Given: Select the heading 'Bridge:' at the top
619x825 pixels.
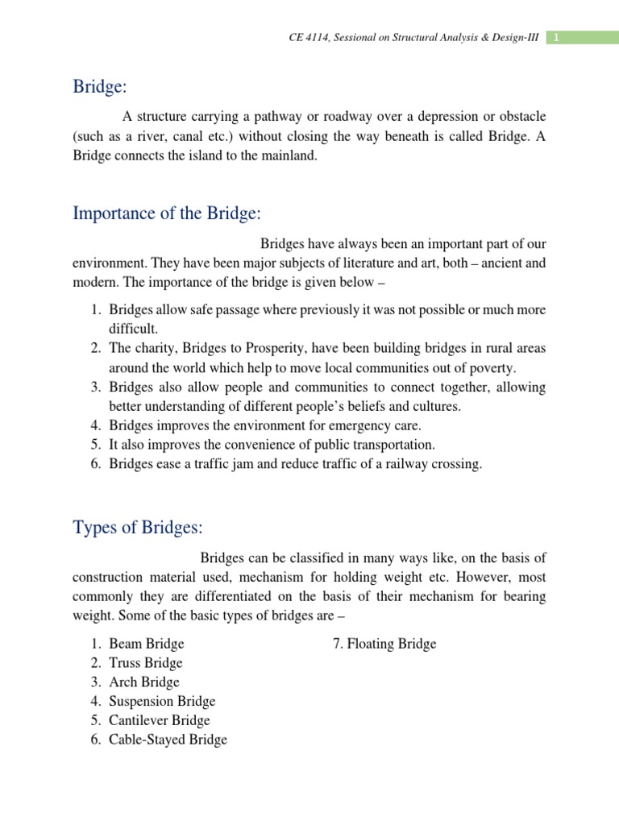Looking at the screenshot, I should [97, 86].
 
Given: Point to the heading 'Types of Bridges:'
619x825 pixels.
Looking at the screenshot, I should [138, 528].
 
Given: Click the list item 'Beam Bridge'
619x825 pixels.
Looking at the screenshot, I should [147, 644].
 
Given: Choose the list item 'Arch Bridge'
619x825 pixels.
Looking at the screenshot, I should [144, 682].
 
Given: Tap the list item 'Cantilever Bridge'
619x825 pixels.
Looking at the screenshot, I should [160, 720].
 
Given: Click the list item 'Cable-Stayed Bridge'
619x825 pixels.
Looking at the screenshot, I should [168, 740].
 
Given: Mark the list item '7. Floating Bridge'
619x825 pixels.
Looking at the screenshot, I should [384, 644].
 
